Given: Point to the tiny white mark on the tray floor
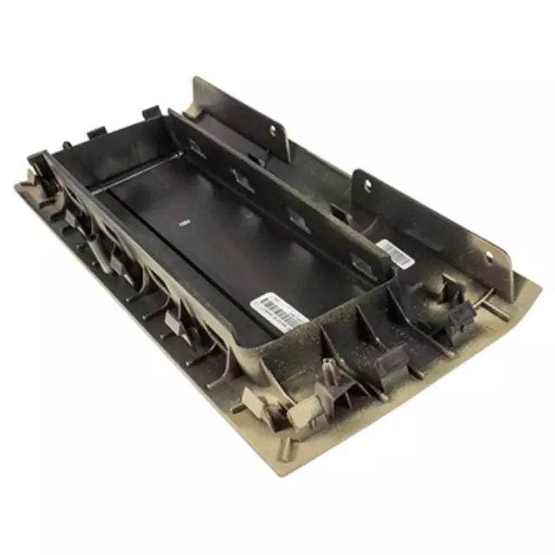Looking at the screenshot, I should (185, 222).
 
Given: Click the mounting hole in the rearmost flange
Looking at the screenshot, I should (275, 131).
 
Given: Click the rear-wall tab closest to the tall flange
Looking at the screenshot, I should (149, 113).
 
